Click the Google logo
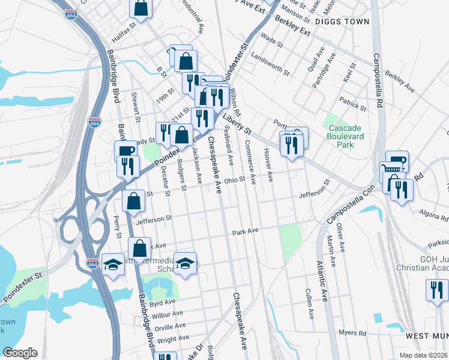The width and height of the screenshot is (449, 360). (x=20, y=353)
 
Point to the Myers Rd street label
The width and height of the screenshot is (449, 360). (x=352, y=332)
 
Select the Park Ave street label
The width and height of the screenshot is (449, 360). (x=245, y=232)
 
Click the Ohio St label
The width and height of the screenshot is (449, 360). (x=235, y=179)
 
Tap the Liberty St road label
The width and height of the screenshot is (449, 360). (x=239, y=124)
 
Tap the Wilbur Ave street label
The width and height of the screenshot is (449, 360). (x=167, y=314)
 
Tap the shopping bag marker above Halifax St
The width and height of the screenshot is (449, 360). (x=140, y=8)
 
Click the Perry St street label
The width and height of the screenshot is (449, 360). (x=118, y=229)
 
